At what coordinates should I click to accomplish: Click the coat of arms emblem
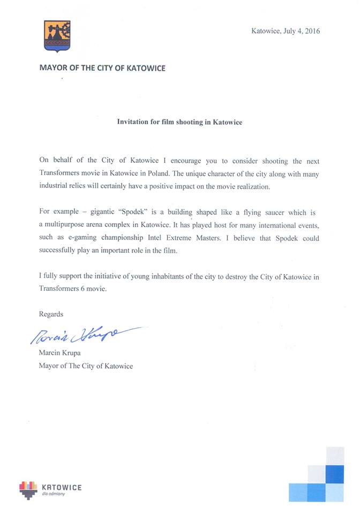click(57, 36)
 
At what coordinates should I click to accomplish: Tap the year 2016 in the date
click(312, 31)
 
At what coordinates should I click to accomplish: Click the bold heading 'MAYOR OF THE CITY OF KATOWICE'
click(102, 68)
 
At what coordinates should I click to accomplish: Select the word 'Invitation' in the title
click(133, 122)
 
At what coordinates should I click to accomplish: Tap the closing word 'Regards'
click(51, 314)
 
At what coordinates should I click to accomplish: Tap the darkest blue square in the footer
click(334, 474)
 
